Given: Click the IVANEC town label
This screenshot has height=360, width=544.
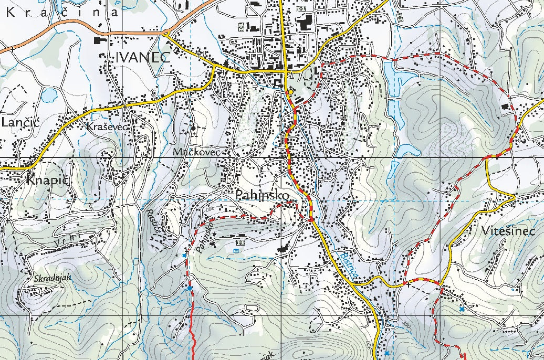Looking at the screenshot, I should point(141,57).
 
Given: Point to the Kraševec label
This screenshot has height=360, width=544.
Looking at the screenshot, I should point(108,127).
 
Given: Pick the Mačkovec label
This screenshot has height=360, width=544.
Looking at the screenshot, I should point(197,152).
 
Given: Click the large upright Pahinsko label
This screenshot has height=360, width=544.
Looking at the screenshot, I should point(263,195).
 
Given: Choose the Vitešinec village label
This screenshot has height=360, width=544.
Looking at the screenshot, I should point(507,231).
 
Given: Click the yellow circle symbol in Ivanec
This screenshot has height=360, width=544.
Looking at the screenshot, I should point(290,92).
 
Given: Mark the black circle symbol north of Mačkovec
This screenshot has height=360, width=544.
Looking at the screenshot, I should point(193,128).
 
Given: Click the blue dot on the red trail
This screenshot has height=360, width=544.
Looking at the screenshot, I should point(189,288).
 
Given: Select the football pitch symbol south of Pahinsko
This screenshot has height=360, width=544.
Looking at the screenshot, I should point(242,243).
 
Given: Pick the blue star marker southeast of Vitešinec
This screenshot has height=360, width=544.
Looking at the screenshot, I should point(462,309).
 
